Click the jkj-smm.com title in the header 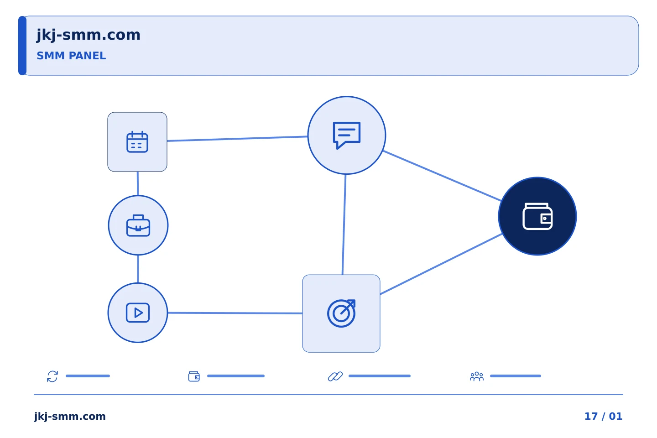point(89,35)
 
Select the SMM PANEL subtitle point(71,56)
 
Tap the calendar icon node point(137,142)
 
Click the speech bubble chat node point(347,135)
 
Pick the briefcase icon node point(138,225)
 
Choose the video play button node point(138,313)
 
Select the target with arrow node point(341,313)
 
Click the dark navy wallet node point(537,216)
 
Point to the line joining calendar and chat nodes point(237,139)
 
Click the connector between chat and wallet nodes point(442,176)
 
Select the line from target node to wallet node point(441,264)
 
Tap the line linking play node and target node point(235,313)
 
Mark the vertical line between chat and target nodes point(344,224)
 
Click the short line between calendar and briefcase point(138,183)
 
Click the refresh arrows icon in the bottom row point(52,376)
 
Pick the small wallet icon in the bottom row point(194,376)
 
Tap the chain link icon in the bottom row point(335,376)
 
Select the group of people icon point(477,376)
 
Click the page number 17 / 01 point(603,416)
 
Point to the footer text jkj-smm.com point(70,417)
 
